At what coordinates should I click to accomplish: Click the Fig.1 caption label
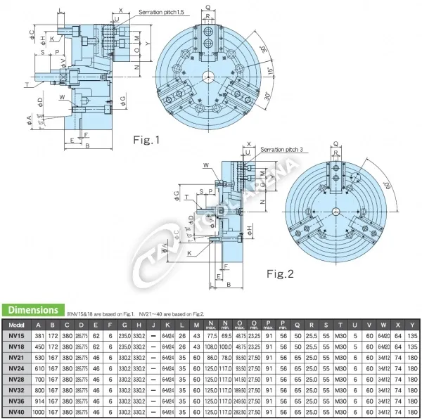pos(147,140)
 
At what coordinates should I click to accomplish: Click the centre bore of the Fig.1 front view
pos(209,77)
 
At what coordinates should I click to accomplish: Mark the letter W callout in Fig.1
pos(63,97)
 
